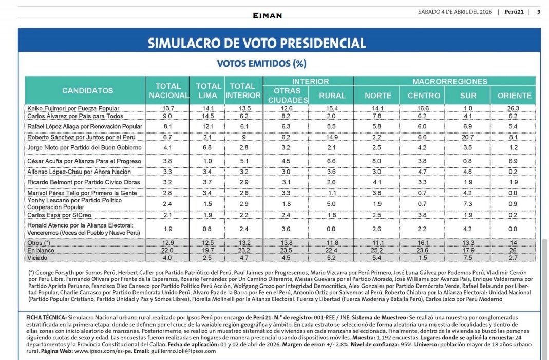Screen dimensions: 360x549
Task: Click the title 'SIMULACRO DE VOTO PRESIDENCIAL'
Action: pyautogui.click(x=257, y=43)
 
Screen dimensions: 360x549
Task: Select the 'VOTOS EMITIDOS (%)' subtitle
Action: pyautogui.click(x=261, y=64)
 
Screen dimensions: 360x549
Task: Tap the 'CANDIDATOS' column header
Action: pyautogui.click(x=88, y=91)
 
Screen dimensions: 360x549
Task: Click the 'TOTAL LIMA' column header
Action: pyautogui.click(x=209, y=91)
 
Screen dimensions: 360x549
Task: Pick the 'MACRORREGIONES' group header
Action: pyautogui.click(x=450, y=82)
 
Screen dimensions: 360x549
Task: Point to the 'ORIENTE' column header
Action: pyautogui.click(x=515, y=96)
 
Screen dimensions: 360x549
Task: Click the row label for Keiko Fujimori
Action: pyautogui.click(x=73, y=108)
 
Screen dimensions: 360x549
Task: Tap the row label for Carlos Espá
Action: pyautogui.click(x=58, y=215)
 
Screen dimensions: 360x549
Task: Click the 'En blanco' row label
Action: pyautogui.click(x=42, y=250)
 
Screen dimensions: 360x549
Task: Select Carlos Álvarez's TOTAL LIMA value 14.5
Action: pyautogui.click(x=209, y=116)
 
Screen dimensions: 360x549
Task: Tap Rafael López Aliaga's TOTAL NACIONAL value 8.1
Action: pyautogui.click(x=168, y=126)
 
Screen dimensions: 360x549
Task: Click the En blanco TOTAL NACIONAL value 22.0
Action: pyautogui.click(x=168, y=250)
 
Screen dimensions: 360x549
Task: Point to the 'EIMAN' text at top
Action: pyautogui.click(x=268, y=15)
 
